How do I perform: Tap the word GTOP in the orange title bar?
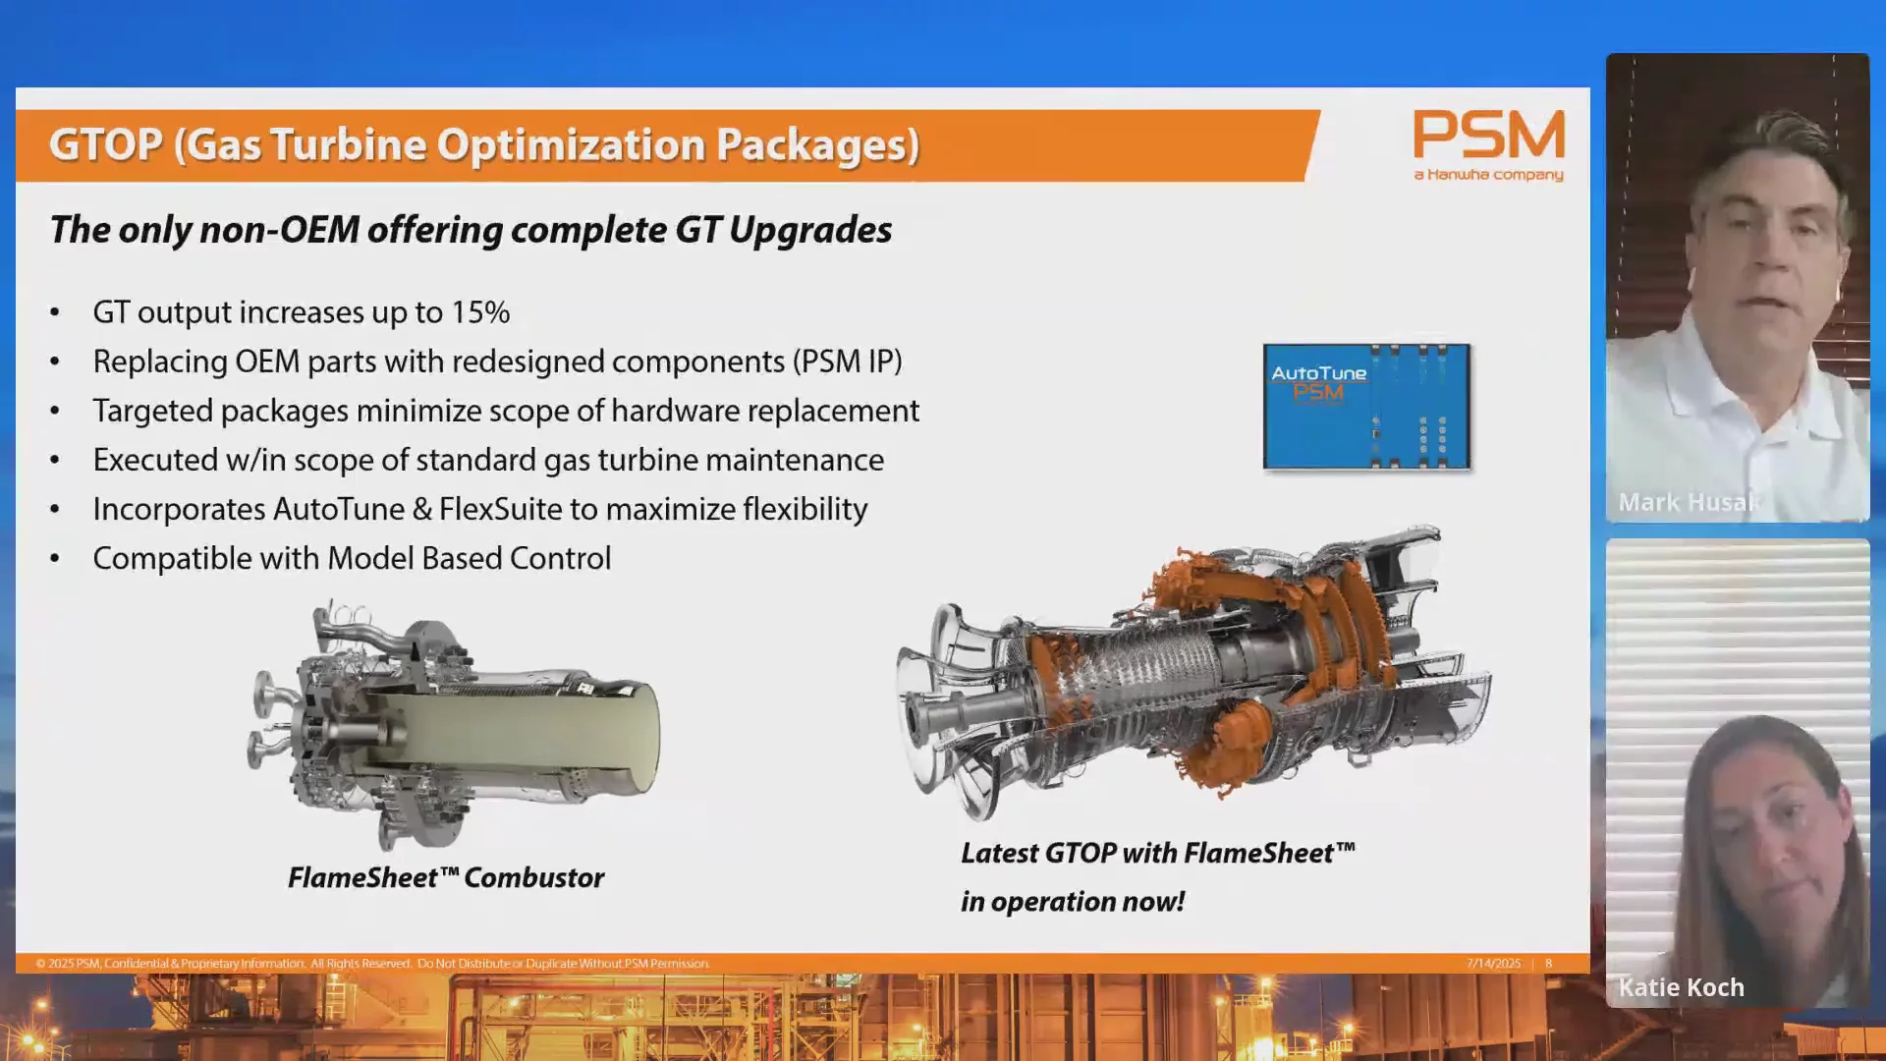coord(106,144)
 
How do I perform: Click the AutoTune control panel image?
coord(1366,407)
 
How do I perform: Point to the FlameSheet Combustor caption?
coord(446,877)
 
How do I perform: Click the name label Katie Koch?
coord(1681,987)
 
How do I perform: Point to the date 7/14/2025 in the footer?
coord(1493,964)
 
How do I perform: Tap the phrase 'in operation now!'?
coord(1073,902)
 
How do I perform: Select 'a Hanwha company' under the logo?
coord(1488,175)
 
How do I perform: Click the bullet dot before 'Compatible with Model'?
coord(55,559)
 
